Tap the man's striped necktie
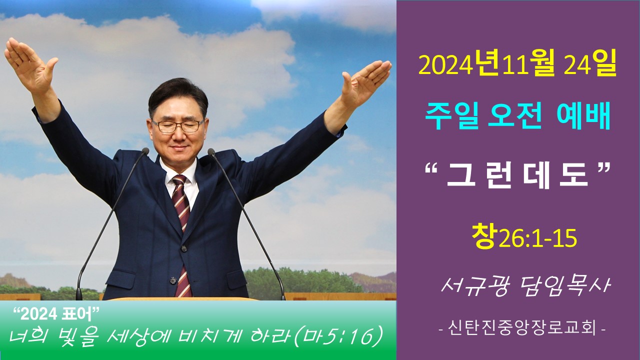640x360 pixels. [x=181, y=234]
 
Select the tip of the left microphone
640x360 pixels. [x=145, y=151]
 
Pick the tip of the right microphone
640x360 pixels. [x=211, y=151]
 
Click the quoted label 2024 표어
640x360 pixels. [x=56, y=314]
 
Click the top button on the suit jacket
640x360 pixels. [x=183, y=248]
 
